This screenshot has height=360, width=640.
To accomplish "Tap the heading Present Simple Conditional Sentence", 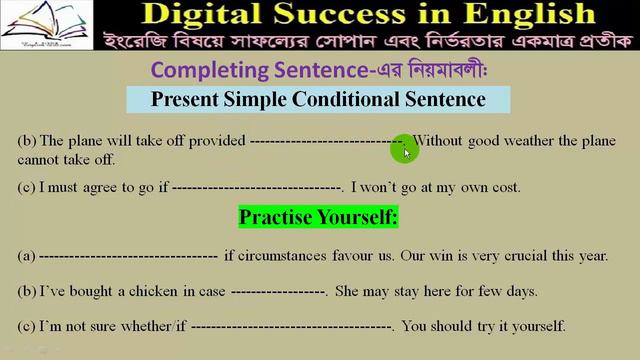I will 318,100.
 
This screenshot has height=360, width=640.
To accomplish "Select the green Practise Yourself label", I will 318,217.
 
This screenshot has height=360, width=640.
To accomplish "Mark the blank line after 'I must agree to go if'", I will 258,187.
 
